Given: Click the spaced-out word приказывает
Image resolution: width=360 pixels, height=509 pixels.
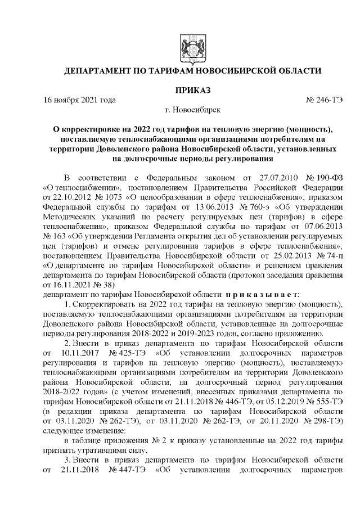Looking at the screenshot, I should coord(263,295).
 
